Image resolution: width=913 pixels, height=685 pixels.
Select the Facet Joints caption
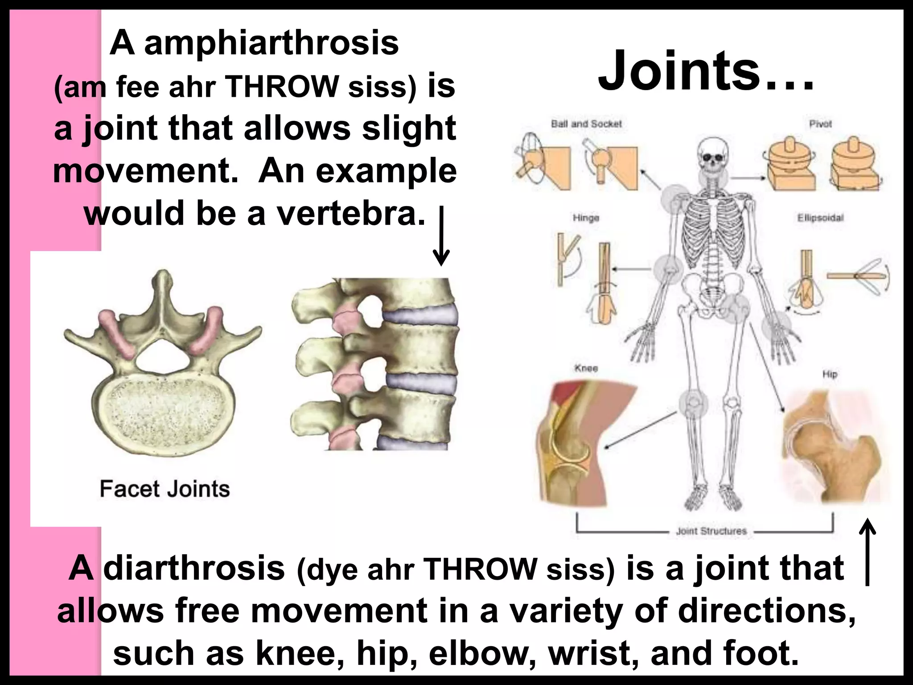(x=165, y=489)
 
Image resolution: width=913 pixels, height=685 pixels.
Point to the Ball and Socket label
(x=586, y=124)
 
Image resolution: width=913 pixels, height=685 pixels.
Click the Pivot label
(x=820, y=124)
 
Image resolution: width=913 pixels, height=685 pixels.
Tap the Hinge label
(x=586, y=218)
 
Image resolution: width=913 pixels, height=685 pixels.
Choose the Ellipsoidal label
(x=820, y=218)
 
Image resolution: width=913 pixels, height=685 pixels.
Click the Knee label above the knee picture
(x=586, y=368)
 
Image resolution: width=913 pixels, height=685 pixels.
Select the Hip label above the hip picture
(x=830, y=374)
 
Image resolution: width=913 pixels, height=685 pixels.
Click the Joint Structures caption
(x=711, y=531)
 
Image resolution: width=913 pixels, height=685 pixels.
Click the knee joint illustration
(x=575, y=442)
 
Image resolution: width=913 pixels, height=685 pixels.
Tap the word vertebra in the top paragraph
(x=350, y=214)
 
